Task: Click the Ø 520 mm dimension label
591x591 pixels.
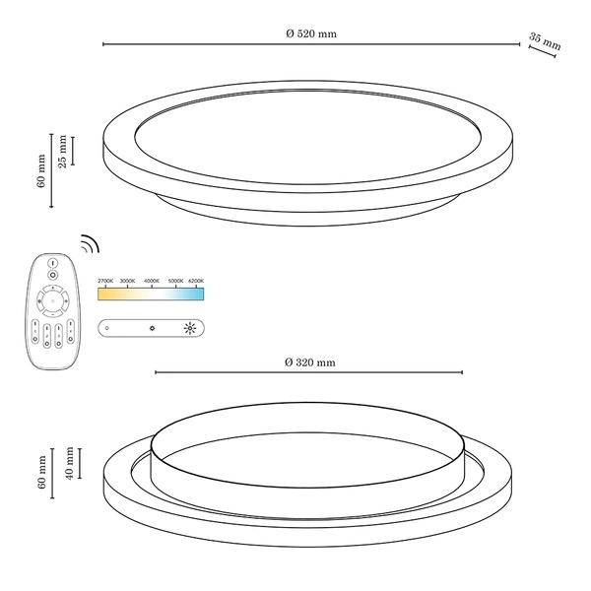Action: pos(310,33)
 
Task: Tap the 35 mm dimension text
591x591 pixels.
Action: pos(545,42)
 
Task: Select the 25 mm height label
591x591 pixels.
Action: pos(63,151)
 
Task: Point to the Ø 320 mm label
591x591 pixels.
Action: pos(309,362)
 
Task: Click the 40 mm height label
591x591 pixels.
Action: pos(69,462)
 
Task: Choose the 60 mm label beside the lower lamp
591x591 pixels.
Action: pos(42,473)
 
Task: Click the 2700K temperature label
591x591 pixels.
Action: pos(105,282)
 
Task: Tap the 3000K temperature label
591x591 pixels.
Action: pos(127,282)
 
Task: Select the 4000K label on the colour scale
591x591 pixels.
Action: pos(152,282)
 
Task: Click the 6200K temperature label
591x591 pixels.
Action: pos(195,282)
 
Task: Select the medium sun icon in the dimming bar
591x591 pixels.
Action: pos(151,327)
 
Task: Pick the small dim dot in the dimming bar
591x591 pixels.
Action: pos(107,327)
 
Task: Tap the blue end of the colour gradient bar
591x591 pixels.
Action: pos(199,293)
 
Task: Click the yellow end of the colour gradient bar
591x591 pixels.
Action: pos(101,293)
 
